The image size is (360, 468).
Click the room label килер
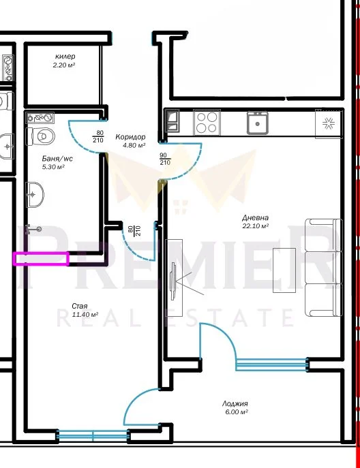pos(65,57)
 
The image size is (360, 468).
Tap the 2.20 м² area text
pos(63,65)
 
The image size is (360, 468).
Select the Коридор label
pos(130,137)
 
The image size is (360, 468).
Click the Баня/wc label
pos(57,159)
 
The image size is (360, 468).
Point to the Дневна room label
pos(255,218)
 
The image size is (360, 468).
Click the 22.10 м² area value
pos(255,226)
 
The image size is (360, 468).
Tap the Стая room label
pos(80,307)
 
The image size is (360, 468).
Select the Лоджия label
pos(235,404)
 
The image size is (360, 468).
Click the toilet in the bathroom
pos(40,136)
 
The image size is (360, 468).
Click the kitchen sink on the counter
pos(257,123)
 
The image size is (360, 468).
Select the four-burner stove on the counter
pos(207,123)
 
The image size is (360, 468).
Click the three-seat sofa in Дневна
pos(324,268)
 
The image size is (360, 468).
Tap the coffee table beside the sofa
pos(284,270)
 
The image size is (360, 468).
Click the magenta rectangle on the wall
pos(41,258)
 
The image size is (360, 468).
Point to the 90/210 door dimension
pos(165,159)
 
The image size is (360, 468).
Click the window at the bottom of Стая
pos(93,435)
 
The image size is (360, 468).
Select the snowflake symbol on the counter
pos(329,123)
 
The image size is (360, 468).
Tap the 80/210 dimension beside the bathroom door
pos(98,136)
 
